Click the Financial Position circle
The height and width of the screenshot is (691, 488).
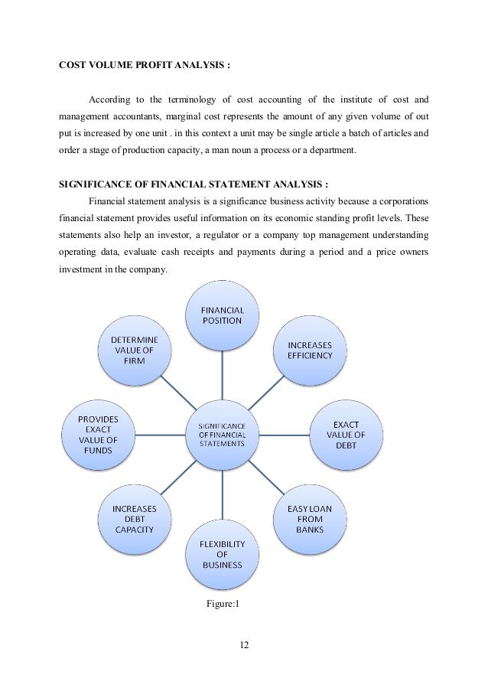[x=223, y=315]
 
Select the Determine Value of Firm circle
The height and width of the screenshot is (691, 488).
[x=135, y=350]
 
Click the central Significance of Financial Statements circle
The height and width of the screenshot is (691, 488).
[x=223, y=434]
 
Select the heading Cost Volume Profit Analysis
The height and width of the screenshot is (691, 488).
[x=145, y=64]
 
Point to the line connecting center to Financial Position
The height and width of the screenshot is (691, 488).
[x=223, y=375]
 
